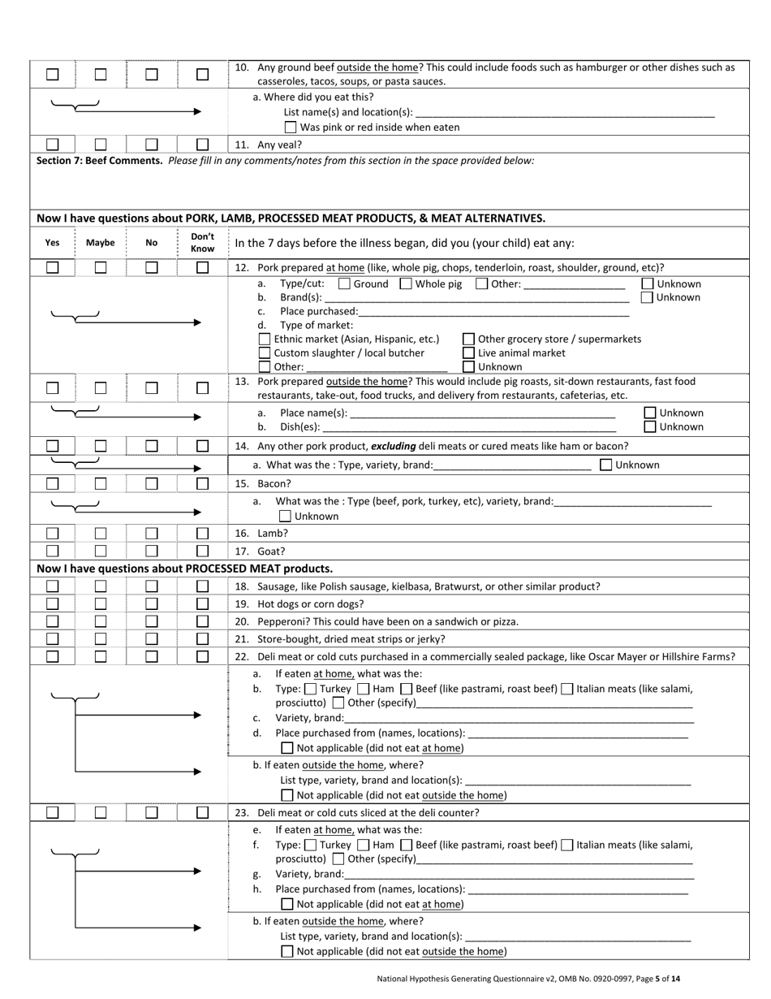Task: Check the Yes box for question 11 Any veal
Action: [x=53, y=145]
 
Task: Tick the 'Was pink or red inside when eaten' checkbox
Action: [x=291, y=127]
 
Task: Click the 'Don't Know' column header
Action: [x=202, y=242]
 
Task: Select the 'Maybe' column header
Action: [x=100, y=242]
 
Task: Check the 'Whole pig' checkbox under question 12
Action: [x=406, y=283]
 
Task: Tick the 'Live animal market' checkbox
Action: [x=468, y=352]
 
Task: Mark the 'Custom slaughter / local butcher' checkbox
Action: [x=265, y=352]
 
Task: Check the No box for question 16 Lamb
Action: [x=151, y=534]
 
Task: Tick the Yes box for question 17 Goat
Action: [x=53, y=551]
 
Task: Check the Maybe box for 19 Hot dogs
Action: [x=100, y=603]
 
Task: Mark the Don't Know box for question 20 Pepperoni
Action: [x=202, y=621]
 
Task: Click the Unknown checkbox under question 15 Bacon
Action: [x=285, y=516]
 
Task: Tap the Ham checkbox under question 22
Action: [x=364, y=689]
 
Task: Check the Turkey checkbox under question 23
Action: [x=309, y=845]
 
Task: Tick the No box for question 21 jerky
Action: [x=151, y=638]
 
